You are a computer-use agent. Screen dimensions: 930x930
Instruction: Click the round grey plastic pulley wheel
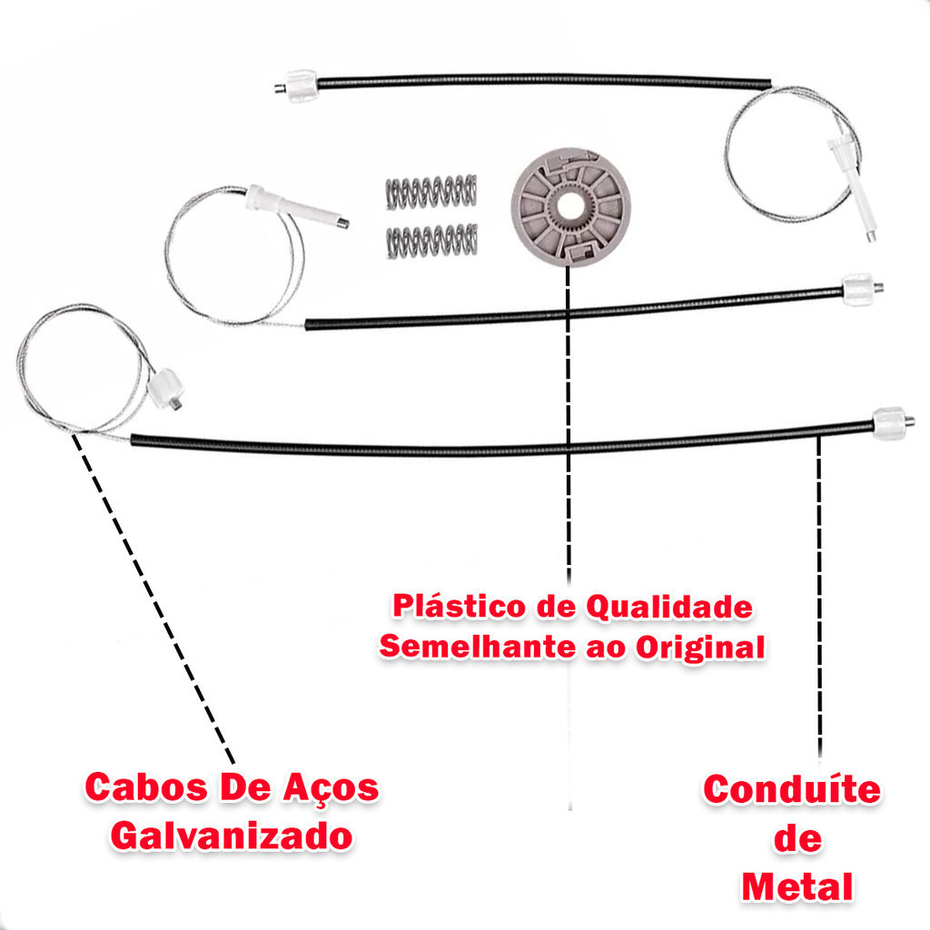tap(570, 207)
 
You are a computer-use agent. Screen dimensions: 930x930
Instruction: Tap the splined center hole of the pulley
tap(570, 205)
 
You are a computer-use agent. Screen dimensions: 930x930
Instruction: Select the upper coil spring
tap(431, 192)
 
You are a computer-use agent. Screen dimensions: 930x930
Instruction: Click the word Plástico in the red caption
tap(459, 607)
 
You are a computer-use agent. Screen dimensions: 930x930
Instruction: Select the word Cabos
tap(147, 787)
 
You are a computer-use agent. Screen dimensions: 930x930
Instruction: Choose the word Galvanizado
tap(232, 836)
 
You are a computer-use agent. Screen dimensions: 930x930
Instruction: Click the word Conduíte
tap(792, 790)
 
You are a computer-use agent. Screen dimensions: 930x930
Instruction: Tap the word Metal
tap(797, 887)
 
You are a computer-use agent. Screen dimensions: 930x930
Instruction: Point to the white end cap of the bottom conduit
tap(890, 423)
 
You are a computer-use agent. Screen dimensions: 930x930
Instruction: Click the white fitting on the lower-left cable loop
tap(163, 388)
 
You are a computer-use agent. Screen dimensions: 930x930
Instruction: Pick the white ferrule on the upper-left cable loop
tap(293, 205)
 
